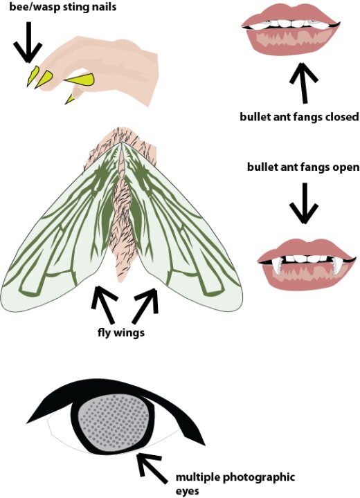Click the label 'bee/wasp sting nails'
(x=62, y=7)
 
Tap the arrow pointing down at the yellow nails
(x=28, y=42)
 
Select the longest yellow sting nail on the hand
(x=79, y=80)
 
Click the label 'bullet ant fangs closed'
(x=299, y=117)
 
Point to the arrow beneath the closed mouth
(x=303, y=82)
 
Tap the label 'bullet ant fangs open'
(x=303, y=167)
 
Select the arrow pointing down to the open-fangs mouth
(x=304, y=203)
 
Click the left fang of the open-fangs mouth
(x=276, y=265)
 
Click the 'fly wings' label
(x=121, y=333)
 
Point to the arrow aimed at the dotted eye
(x=152, y=468)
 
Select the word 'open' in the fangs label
(x=345, y=167)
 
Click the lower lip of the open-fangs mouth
(x=305, y=279)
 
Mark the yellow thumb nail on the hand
(x=70, y=99)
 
